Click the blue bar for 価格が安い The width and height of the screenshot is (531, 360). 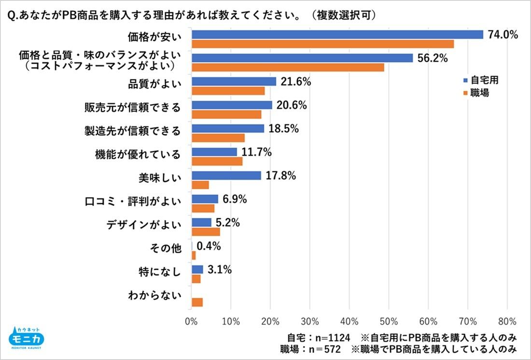click(x=337, y=34)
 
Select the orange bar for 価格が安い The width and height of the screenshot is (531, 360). click(x=322, y=44)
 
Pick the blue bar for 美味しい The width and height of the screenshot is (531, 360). click(x=226, y=176)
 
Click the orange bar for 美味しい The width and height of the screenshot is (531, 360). click(x=200, y=185)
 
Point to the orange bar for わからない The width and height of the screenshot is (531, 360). click(x=197, y=303)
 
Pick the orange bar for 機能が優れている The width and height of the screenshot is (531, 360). click(x=217, y=162)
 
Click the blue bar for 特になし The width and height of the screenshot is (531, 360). click(x=197, y=269)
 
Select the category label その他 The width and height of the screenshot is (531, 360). click(x=166, y=249)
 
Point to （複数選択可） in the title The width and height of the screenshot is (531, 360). click(x=343, y=15)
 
